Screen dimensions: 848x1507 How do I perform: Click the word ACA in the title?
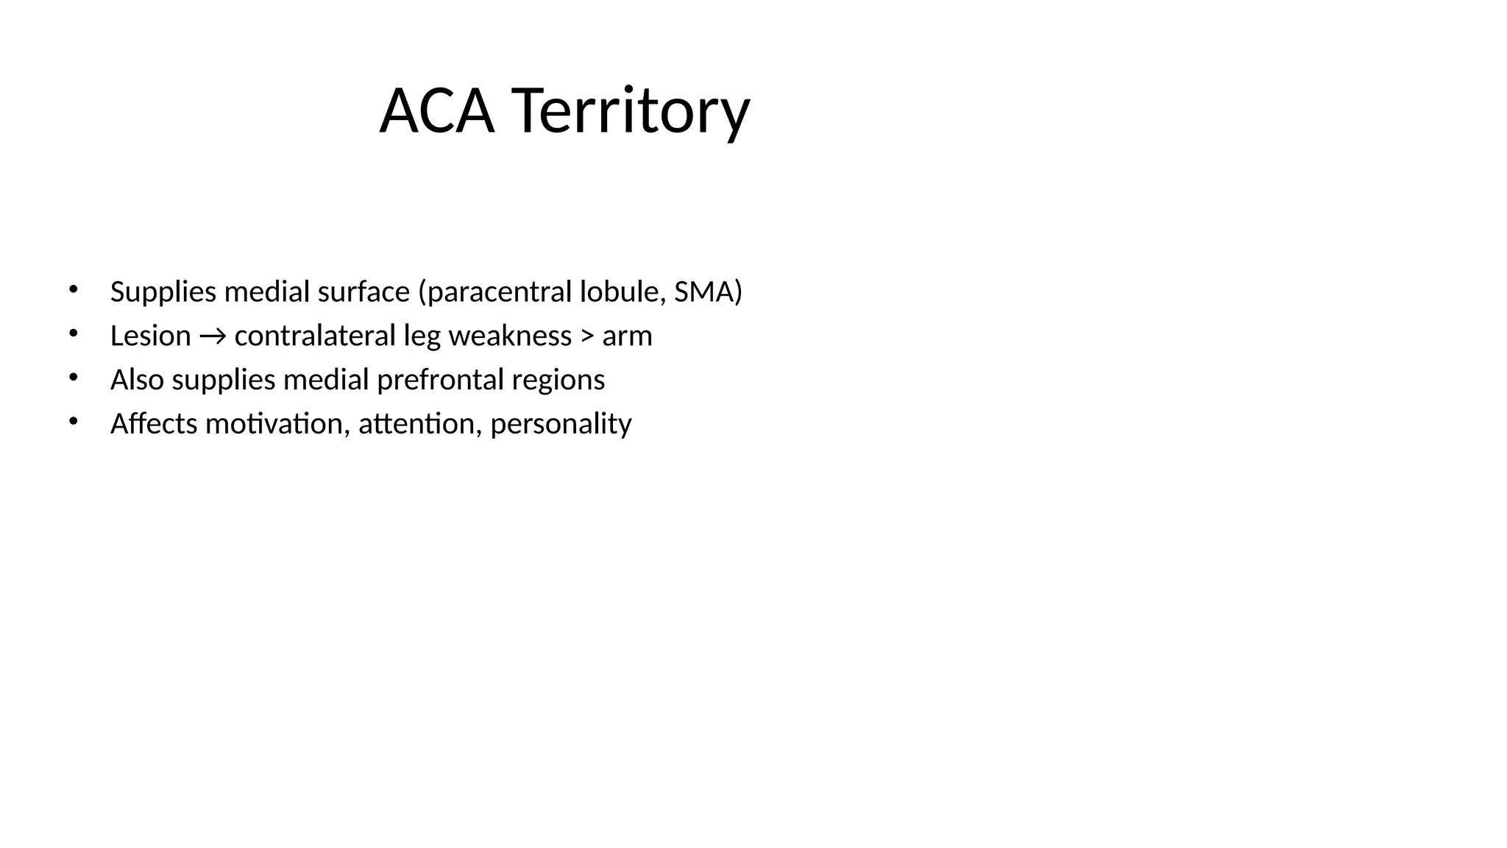(436, 111)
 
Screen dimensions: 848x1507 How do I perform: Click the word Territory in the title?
(630, 111)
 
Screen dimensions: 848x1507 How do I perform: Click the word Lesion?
(150, 336)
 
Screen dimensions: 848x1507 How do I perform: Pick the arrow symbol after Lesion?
(213, 336)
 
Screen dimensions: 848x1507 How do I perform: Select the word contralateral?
(315, 336)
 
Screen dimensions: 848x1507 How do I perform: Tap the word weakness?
(510, 336)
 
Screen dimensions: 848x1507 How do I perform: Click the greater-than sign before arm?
(587, 336)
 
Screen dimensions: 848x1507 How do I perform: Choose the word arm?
(627, 336)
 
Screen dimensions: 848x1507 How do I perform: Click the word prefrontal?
(440, 381)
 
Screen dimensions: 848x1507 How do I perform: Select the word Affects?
(154, 424)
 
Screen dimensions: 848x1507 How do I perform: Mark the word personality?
(561, 425)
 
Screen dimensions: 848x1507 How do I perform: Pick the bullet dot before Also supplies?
(73, 378)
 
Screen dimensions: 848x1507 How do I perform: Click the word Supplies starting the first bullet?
(163, 292)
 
